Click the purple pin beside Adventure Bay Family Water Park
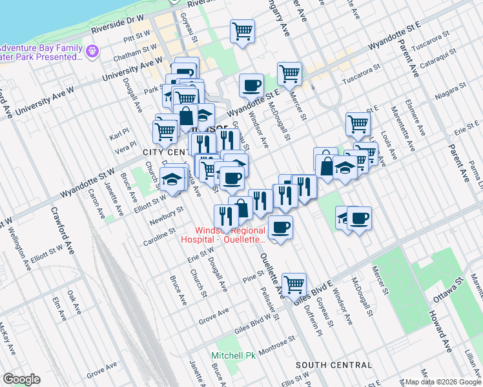point(93,50)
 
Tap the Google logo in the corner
point(21,379)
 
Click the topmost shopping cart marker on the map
point(242,30)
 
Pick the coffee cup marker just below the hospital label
point(280,227)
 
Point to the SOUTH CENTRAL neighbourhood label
point(334,365)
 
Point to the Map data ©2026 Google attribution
point(441,381)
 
